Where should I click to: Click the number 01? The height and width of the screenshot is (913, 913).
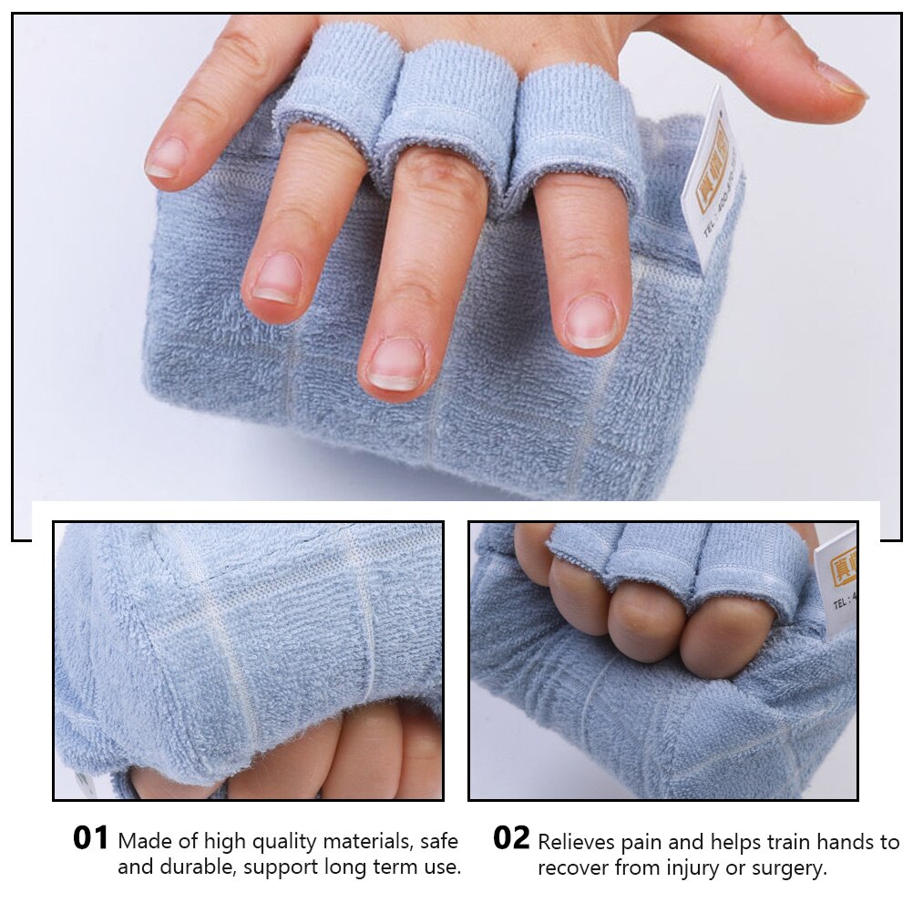click(91, 838)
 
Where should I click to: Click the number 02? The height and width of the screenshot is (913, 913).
click(511, 838)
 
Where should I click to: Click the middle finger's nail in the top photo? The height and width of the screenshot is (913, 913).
click(396, 364)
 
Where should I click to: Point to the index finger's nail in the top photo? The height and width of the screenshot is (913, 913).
click(590, 323)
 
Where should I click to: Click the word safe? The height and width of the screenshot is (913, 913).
click(436, 841)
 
